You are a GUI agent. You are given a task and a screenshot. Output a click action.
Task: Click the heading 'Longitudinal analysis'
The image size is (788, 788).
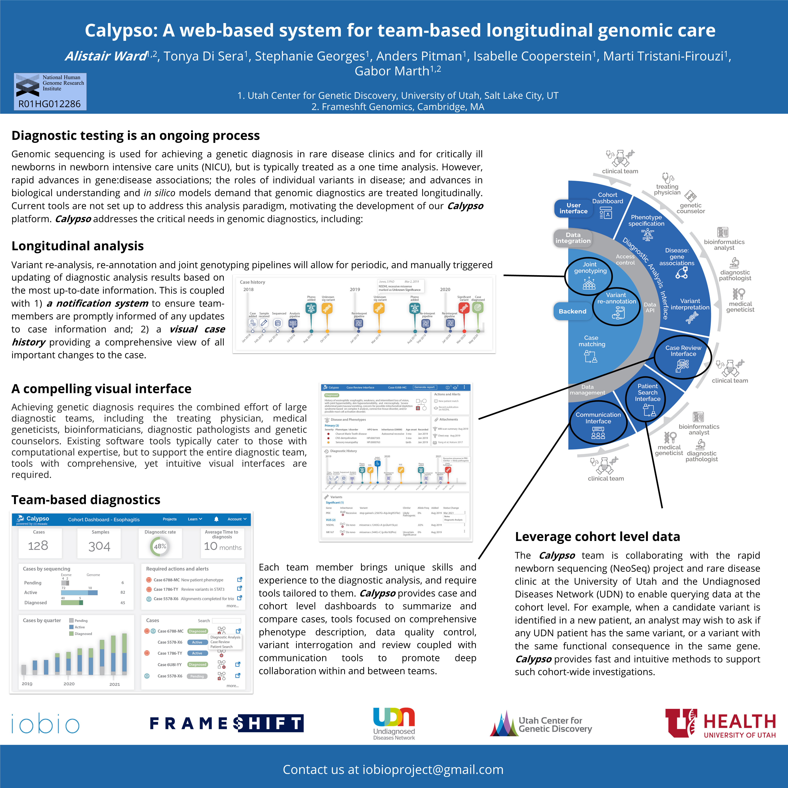(x=78, y=246)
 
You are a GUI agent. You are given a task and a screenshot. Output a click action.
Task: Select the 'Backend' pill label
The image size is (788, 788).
(x=572, y=311)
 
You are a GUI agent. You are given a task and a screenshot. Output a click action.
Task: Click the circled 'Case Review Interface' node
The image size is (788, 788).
(x=683, y=357)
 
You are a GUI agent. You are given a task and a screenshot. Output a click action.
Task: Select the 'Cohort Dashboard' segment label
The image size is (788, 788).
(x=607, y=198)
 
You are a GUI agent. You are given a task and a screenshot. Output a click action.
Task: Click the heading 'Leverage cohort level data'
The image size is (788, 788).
(x=597, y=537)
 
